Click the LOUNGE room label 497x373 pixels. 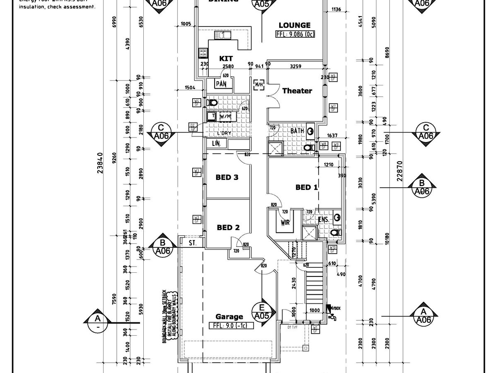point(294,25)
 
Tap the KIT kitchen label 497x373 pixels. point(226,59)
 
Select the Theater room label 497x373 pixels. point(297,91)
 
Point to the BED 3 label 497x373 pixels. point(227,177)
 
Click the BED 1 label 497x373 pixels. point(306,187)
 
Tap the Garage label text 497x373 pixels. point(229,317)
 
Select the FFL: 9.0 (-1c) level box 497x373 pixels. point(231,325)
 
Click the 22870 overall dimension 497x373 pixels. point(399,170)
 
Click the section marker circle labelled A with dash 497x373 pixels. point(98,322)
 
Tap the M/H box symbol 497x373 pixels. point(259,85)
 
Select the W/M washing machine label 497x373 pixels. point(226,116)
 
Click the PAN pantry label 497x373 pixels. point(220,84)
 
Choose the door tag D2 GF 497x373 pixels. point(193,127)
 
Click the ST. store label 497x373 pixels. point(192,242)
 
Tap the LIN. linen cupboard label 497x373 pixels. point(216,143)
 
